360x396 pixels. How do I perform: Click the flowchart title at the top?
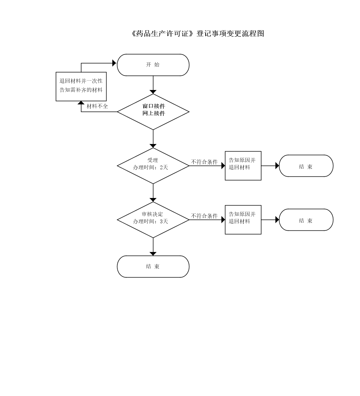click(x=198, y=33)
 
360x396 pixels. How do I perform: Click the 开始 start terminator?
click(x=153, y=65)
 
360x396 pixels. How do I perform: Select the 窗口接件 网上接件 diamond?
click(x=153, y=112)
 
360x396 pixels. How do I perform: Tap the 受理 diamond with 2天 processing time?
click(x=153, y=166)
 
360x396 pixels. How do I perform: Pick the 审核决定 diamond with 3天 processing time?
click(x=153, y=220)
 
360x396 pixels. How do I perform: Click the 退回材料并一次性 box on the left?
click(x=81, y=86)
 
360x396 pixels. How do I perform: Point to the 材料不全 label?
click(x=97, y=106)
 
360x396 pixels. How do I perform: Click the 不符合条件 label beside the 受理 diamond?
click(x=204, y=162)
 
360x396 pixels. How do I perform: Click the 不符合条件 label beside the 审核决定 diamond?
click(x=204, y=216)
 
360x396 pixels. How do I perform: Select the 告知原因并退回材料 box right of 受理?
click(x=243, y=166)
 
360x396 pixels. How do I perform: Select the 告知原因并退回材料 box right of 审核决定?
click(x=243, y=220)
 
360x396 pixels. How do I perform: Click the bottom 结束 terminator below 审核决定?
click(x=153, y=266)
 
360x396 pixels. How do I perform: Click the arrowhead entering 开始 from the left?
click(x=114, y=63)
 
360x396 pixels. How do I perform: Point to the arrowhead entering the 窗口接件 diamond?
click(x=153, y=92)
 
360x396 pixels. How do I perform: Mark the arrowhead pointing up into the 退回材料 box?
click(x=81, y=103)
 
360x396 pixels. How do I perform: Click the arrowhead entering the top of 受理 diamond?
click(x=153, y=146)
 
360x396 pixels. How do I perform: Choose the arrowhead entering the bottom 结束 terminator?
click(x=153, y=254)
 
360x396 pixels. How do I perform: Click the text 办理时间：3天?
click(x=150, y=221)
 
